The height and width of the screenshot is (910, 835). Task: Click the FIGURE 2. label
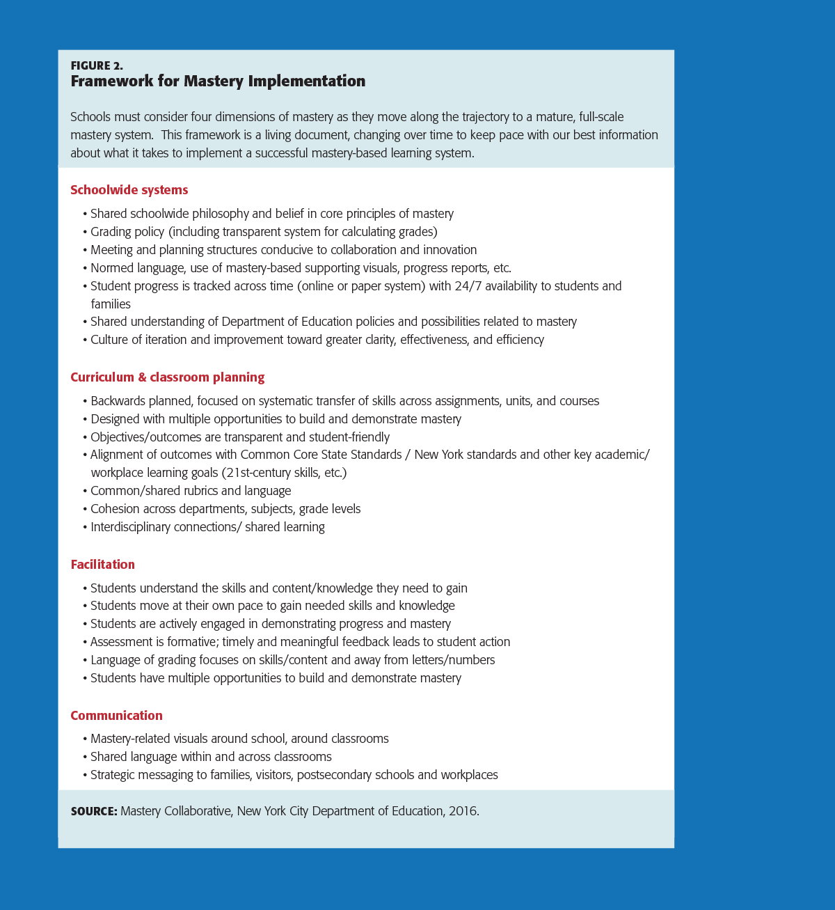[x=97, y=65]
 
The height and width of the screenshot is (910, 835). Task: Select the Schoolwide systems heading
[x=129, y=190]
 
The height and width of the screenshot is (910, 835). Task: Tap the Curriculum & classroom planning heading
[x=167, y=377]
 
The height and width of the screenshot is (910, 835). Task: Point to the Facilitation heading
[x=102, y=565]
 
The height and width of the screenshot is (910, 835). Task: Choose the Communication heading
[x=116, y=716]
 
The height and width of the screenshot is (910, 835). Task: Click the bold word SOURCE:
[x=94, y=811]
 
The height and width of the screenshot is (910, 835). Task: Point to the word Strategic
[x=113, y=775]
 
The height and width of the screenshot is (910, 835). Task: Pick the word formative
[x=192, y=642]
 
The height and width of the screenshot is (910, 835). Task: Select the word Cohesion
[x=116, y=509]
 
